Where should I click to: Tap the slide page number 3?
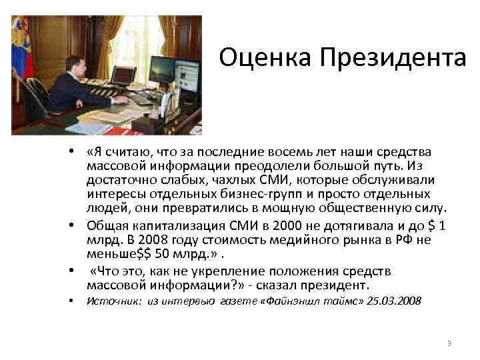click(449, 343)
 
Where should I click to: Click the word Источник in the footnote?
click(108, 301)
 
